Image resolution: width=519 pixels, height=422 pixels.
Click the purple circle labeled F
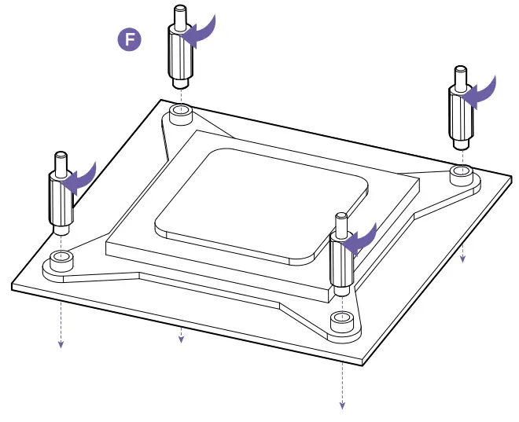[129, 40]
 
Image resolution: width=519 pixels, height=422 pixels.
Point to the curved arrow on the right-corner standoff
[481, 90]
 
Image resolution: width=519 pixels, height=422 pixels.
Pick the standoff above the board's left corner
[60, 193]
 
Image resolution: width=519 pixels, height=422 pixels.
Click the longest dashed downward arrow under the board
[342, 385]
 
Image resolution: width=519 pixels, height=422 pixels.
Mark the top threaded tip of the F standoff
[177, 14]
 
